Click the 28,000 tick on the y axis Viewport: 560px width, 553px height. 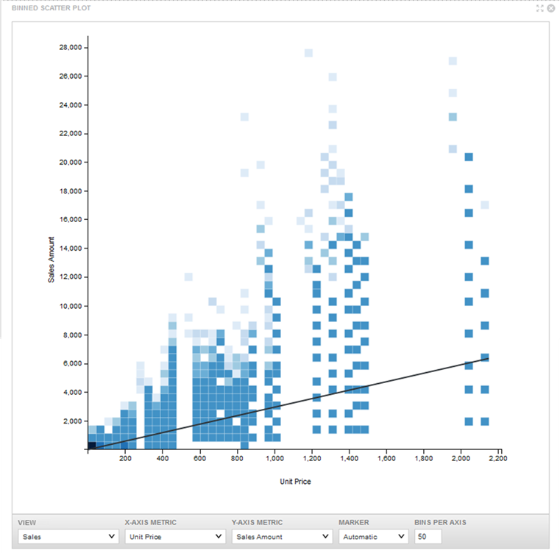pos(71,48)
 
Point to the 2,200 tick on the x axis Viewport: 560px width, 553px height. pos(498,459)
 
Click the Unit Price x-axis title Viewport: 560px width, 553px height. pos(296,481)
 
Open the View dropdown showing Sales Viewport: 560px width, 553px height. pos(67,537)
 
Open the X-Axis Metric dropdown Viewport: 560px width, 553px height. pos(173,537)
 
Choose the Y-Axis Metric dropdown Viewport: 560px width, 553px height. pos(280,537)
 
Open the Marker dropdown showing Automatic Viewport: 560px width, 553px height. pos(372,537)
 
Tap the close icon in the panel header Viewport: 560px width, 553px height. pos(550,8)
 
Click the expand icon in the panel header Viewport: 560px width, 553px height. pos(539,8)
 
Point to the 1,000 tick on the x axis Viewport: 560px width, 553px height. pos(274,459)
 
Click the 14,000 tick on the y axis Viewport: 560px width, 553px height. pos(71,249)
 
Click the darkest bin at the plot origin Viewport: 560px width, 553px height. pos(92,445)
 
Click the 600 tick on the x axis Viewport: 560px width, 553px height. pos(199,459)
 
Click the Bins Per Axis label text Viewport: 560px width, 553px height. pos(440,523)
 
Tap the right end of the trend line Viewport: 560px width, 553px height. pos(488,357)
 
